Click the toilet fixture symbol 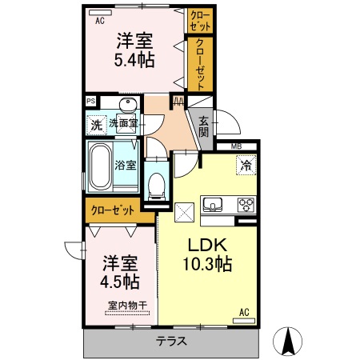[x=157, y=185]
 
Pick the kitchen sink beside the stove [x=214, y=205]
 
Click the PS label [x=91, y=102]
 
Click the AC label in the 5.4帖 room [x=100, y=22]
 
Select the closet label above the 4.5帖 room [x=112, y=211]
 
